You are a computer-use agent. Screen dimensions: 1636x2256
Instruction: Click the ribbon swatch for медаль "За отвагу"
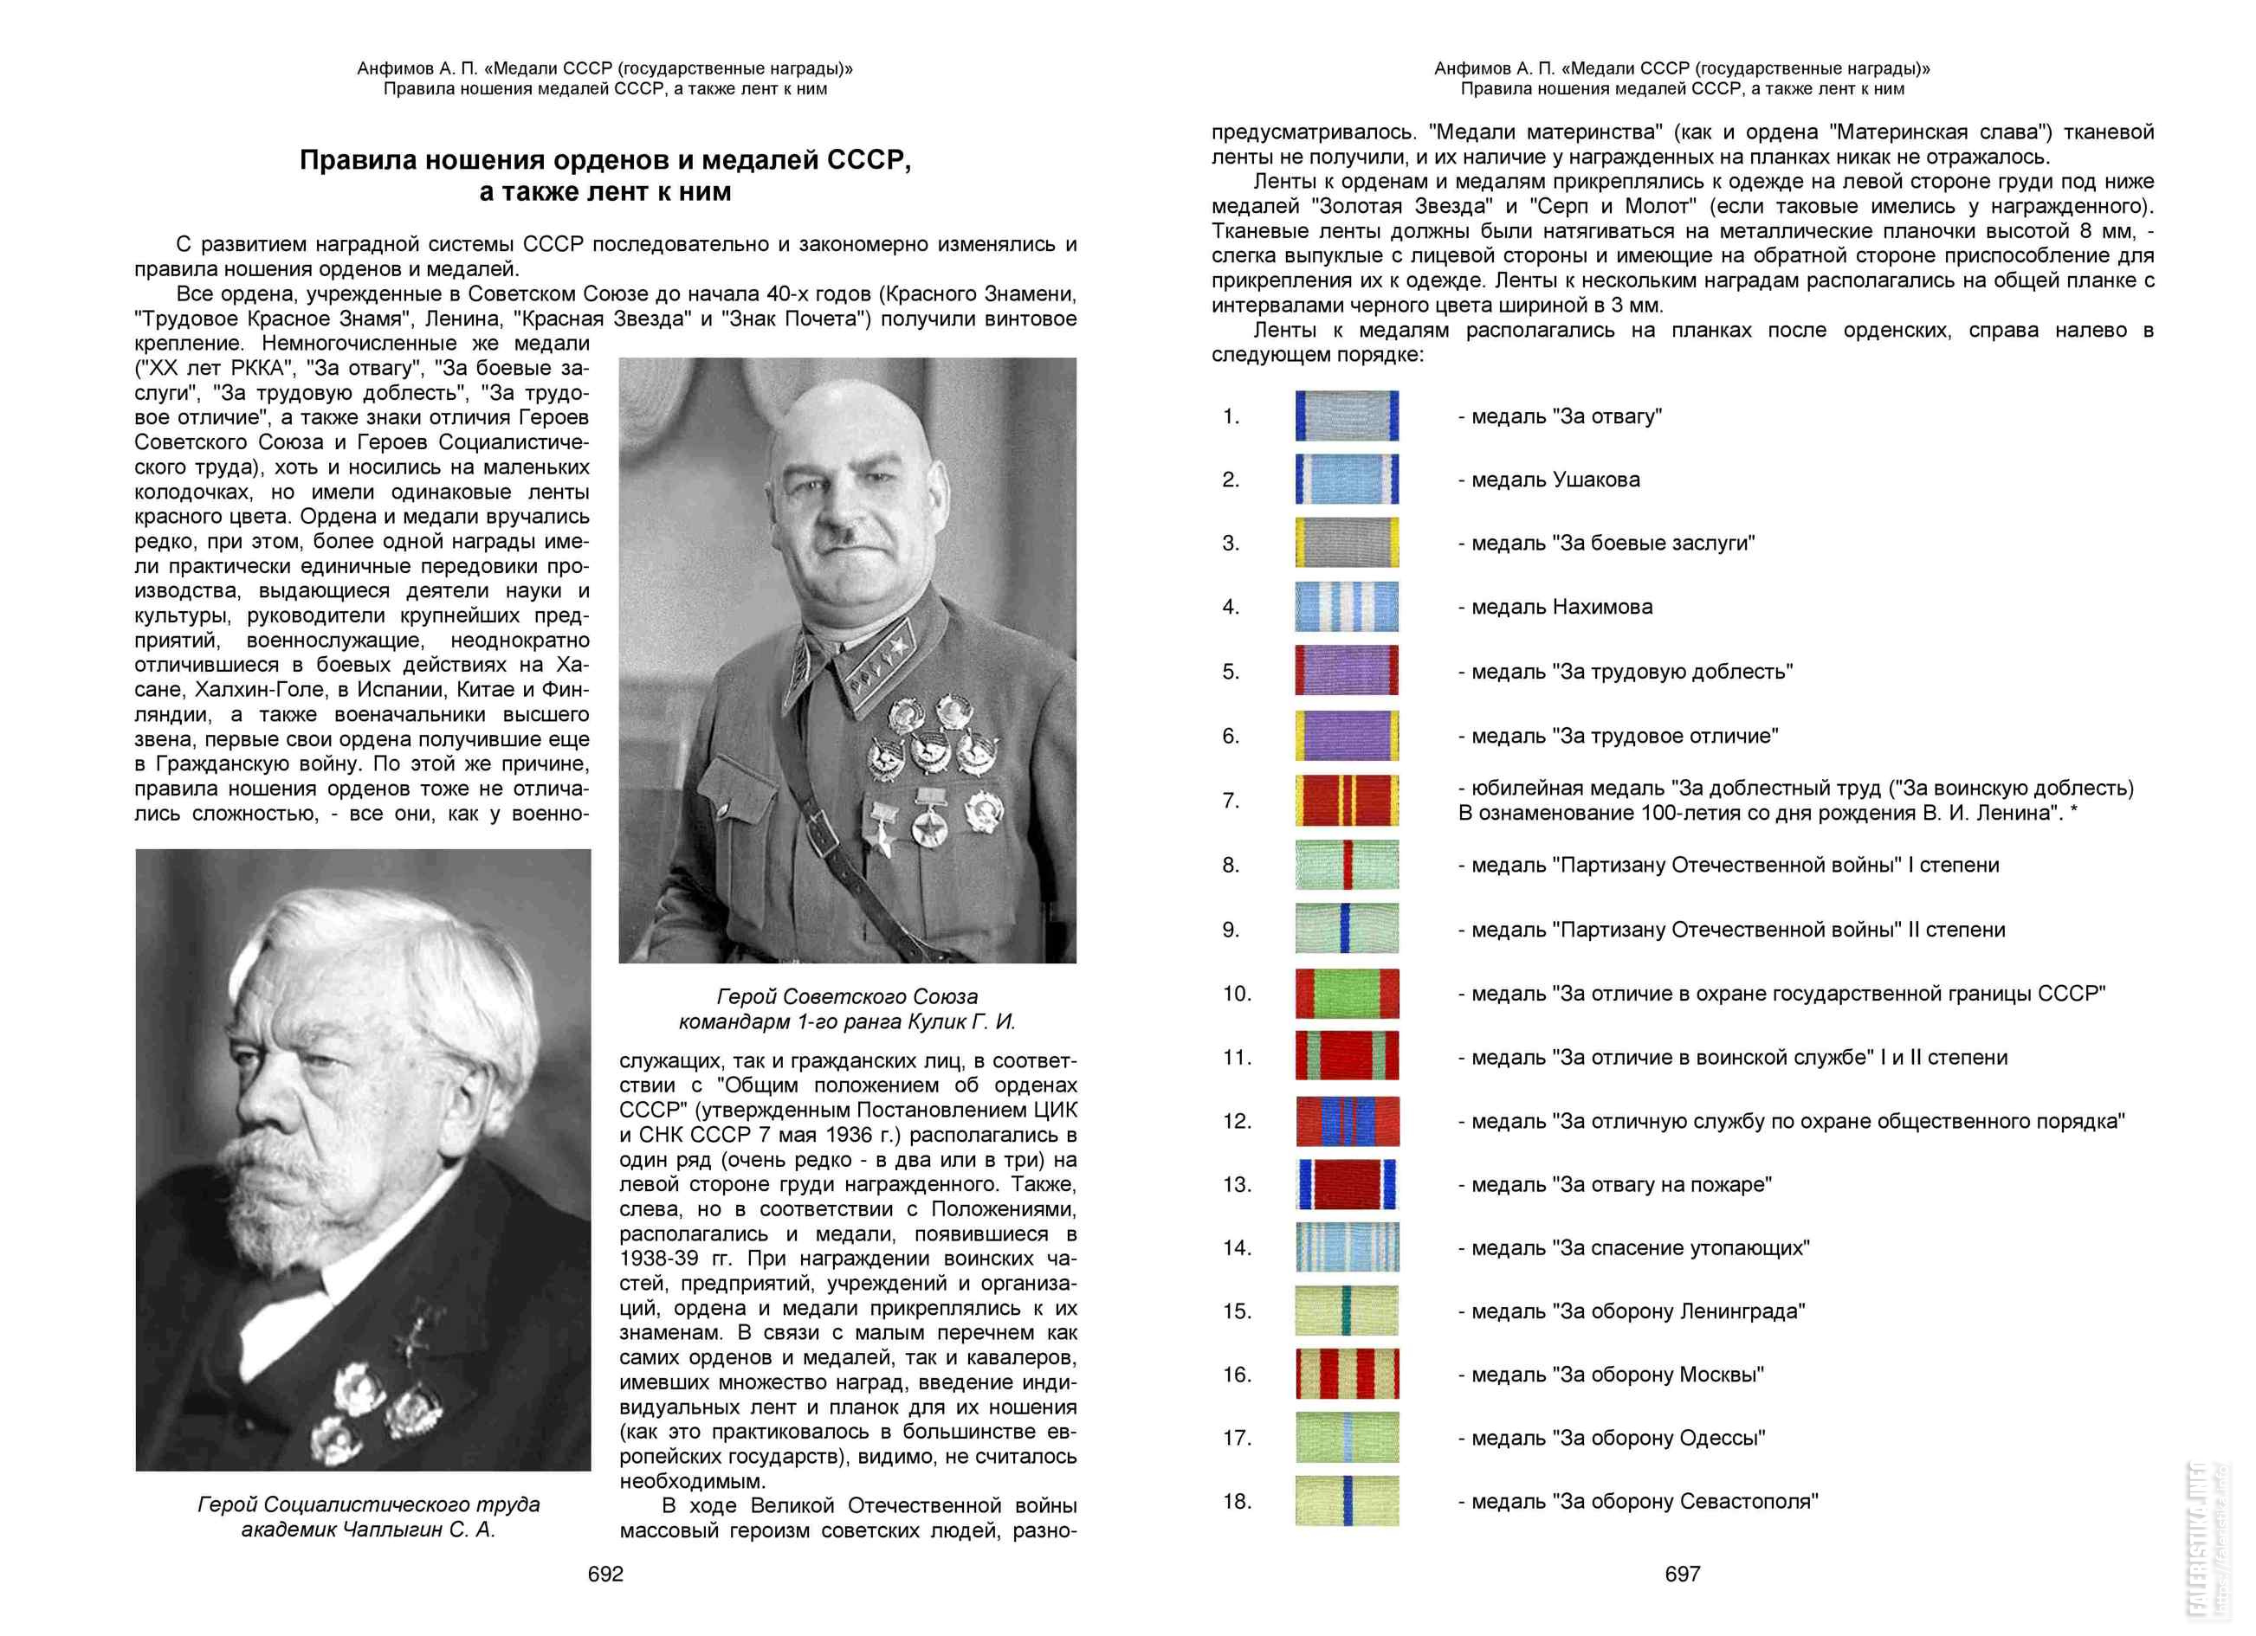(1347, 415)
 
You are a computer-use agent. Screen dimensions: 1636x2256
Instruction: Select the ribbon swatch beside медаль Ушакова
(1347, 480)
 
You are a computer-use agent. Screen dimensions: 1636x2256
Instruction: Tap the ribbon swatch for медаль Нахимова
(1347, 607)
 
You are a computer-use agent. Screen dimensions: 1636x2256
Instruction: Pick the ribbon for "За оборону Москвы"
(1347, 1375)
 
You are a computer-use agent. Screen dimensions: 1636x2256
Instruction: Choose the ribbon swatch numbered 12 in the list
(1347, 1121)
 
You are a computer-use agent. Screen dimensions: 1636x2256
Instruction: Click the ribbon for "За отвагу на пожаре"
(1347, 1184)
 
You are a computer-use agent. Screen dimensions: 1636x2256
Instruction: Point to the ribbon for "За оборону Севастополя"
(1347, 1501)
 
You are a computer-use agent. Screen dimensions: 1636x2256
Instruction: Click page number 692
(604, 1574)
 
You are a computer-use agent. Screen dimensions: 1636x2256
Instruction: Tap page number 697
(1682, 1574)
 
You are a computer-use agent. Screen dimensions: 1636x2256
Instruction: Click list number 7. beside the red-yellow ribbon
(1231, 801)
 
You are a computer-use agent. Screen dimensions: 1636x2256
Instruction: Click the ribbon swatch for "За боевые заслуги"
(1347, 543)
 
